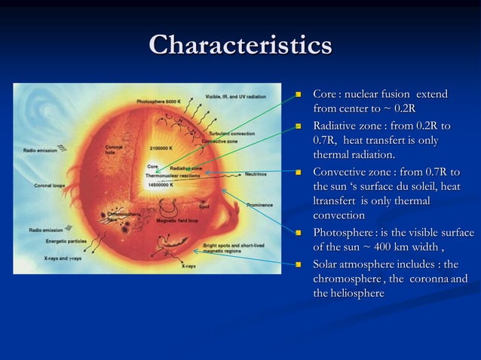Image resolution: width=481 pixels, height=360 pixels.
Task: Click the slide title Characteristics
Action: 240,44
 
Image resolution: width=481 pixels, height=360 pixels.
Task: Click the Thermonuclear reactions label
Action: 173,175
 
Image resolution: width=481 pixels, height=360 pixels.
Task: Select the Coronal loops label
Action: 49,185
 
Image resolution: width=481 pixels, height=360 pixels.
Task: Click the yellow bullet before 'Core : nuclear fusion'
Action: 298,96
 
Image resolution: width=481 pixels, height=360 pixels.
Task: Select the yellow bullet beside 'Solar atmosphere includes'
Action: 298,265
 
